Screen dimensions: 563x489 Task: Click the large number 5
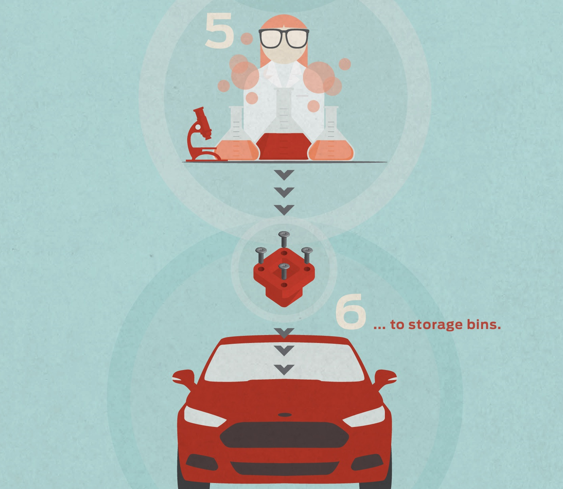[x=219, y=31]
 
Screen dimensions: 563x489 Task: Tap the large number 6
[x=350, y=311]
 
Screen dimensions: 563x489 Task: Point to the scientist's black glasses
[x=284, y=38]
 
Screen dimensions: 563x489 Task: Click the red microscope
[x=204, y=134]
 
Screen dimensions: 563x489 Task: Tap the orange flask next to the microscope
[x=236, y=134]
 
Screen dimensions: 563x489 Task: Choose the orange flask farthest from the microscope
[x=331, y=134]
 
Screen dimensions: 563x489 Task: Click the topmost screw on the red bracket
[x=284, y=239]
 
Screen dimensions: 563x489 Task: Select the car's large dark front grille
[x=284, y=435]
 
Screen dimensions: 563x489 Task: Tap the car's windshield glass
[x=284, y=362]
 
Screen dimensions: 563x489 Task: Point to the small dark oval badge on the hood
[x=285, y=415]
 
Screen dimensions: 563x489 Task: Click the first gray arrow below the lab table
[x=284, y=175]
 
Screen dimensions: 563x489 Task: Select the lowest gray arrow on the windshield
[x=284, y=370]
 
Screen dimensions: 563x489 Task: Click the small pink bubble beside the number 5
[x=247, y=39]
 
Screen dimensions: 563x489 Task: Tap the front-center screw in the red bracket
[x=284, y=271]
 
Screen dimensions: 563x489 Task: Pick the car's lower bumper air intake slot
[x=284, y=468]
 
